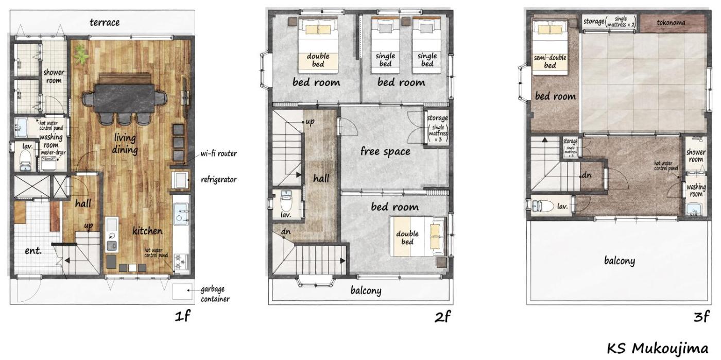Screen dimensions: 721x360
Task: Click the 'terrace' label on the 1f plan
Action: click(105, 23)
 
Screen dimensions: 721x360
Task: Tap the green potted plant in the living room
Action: click(81, 54)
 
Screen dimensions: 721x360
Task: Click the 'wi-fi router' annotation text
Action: click(218, 153)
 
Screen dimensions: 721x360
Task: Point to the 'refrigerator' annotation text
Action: click(218, 179)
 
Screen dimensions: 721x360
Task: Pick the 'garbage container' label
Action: click(215, 294)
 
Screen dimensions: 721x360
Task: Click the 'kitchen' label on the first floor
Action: click(147, 231)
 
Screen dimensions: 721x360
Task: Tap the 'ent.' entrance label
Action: click(33, 250)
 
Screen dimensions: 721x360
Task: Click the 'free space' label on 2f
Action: click(385, 151)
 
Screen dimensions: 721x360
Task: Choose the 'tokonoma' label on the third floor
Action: click(671, 23)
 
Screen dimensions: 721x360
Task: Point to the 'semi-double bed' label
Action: click(550, 61)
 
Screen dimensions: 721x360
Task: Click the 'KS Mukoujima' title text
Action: click(658, 349)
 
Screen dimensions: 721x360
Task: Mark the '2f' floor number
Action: click(442, 317)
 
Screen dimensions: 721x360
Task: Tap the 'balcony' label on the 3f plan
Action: click(619, 261)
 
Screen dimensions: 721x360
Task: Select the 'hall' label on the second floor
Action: click(321, 178)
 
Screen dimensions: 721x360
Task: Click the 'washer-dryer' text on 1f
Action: click(53, 152)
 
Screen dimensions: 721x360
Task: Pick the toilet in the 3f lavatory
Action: click(542, 206)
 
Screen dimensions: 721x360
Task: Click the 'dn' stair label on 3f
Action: click(587, 175)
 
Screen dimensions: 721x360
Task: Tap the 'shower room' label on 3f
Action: click(696, 156)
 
